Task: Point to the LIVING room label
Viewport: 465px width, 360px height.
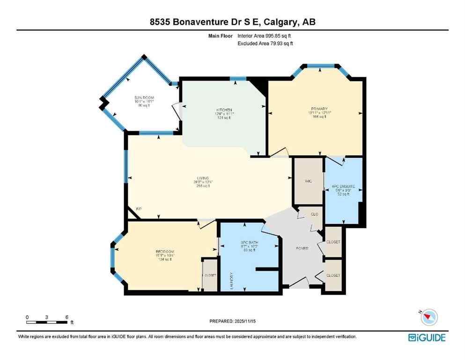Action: pyautogui.click(x=202, y=178)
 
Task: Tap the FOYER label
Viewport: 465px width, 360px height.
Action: pyautogui.click(x=302, y=248)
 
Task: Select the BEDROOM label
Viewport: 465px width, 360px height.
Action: pyautogui.click(x=165, y=252)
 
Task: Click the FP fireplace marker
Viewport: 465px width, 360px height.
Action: pyautogui.click(x=139, y=209)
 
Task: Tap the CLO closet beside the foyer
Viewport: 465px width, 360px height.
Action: pyautogui.click(x=315, y=214)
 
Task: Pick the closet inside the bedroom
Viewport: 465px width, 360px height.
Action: pyautogui.click(x=210, y=275)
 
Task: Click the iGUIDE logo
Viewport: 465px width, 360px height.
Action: pyautogui.click(x=427, y=337)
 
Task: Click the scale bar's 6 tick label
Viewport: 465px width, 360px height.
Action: pyautogui.click(x=67, y=316)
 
